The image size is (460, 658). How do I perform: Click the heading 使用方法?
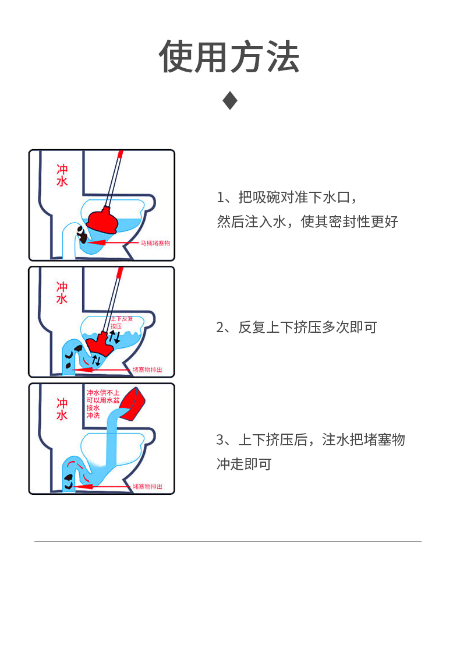pyautogui.click(x=229, y=57)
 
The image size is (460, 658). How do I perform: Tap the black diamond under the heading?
pyautogui.click(x=230, y=101)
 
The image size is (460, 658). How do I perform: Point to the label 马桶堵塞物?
pyautogui.click(x=155, y=243)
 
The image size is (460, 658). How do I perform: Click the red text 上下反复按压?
pyautogui.click(x=121, y=323)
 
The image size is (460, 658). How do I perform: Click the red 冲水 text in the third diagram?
pyautogui.click(x=62, y=409)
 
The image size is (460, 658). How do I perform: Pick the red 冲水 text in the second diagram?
pyautogui.click(x=62, y=292)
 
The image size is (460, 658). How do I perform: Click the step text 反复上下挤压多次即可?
pyautogui.click(x=296, y=328)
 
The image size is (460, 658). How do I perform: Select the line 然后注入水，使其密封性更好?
pyautogui.click(x=307, y=222)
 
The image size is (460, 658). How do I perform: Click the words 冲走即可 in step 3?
pyautogui.click(x=244, y=465)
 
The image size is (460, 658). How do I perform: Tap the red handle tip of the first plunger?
pyautogui.click(x=121, y=154)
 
